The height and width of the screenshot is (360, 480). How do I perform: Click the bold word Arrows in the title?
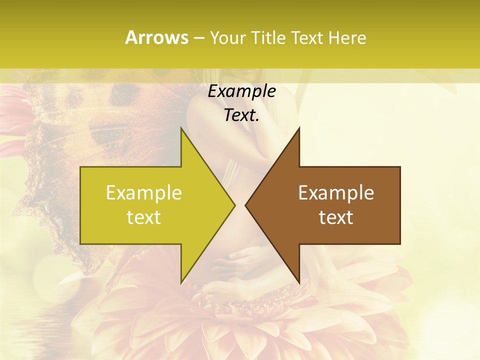click(156, 37)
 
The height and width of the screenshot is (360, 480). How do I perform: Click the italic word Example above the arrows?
click(241, 91)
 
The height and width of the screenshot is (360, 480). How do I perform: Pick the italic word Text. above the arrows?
click(241, 115)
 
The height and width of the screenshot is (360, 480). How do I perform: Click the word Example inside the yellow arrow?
click(144, 193)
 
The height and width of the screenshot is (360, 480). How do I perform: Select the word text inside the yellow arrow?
click(144, 217)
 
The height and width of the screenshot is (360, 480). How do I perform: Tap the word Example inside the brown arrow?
click(336, 193)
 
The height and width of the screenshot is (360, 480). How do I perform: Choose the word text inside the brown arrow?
click(336, 217)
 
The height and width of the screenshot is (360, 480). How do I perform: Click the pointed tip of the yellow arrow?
click(234, 204)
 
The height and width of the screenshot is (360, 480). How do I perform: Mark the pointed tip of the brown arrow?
click(245, 204)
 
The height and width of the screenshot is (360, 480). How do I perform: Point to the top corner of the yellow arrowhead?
click(181, 128)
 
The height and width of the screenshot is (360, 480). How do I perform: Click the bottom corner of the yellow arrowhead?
click(181, 282)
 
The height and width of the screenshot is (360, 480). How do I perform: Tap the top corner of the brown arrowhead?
click(299, 128)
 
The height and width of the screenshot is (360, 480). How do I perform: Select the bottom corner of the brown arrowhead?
click(299, 282)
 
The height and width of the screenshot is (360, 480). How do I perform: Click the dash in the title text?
click(198, 38)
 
